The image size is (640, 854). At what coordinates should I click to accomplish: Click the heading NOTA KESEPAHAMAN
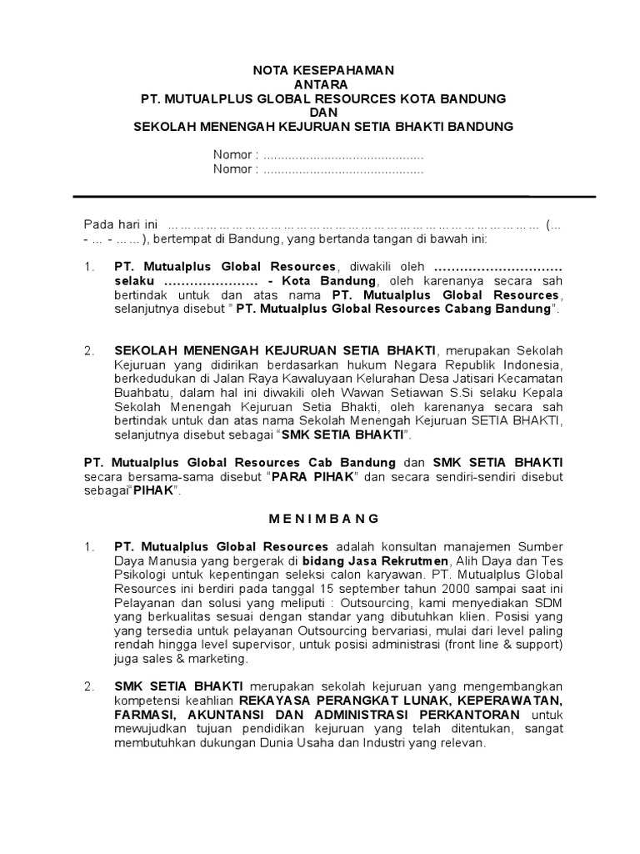tap(323, 70)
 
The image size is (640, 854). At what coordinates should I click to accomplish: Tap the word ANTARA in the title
tap(323, 84)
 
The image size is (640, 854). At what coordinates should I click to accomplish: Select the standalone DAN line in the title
tap(323, 113)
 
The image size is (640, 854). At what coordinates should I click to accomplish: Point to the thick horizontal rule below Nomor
tap(333, 197)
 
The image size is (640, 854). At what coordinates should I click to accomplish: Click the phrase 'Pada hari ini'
tap(120, 224)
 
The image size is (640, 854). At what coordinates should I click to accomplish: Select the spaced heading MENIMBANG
tap(323, 518)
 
